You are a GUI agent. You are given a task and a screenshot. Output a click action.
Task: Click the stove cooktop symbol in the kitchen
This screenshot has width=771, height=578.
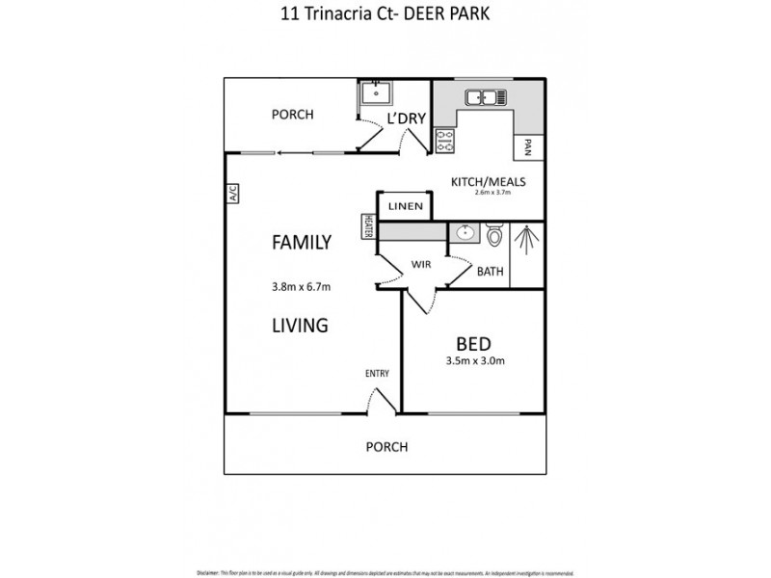tap(445, 141)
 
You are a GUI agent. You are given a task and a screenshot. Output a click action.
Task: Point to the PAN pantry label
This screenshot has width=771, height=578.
tap(528, 146)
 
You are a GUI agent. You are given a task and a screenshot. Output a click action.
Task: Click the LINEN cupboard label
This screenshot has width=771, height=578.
tap(404, 207)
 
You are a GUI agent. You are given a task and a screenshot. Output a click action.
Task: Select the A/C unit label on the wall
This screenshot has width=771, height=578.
tap(232, 194)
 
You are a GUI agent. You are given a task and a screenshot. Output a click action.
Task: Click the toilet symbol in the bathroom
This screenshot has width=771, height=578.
tap(494, 236)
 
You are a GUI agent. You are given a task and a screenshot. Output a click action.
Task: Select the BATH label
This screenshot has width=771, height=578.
tap(491, 272)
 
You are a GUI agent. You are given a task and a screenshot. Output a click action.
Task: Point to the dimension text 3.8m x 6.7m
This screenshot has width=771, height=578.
tap(301, 286)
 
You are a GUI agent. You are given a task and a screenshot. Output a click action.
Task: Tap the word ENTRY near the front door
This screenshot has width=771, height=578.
tap(376, 374)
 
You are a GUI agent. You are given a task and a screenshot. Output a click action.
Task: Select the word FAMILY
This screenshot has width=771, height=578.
tap(301, 243)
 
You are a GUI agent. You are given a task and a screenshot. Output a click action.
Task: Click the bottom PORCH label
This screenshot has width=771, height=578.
tap(386, 447)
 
